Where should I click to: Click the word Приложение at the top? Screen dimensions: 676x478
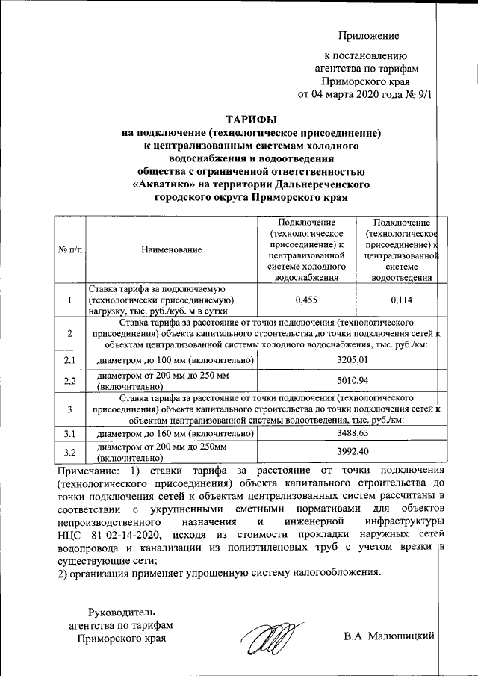[369, 36]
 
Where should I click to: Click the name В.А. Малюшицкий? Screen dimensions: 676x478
[388, 637]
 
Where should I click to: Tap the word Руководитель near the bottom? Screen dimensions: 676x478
[120, 612]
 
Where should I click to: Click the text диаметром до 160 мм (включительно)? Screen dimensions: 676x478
[171, 433]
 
